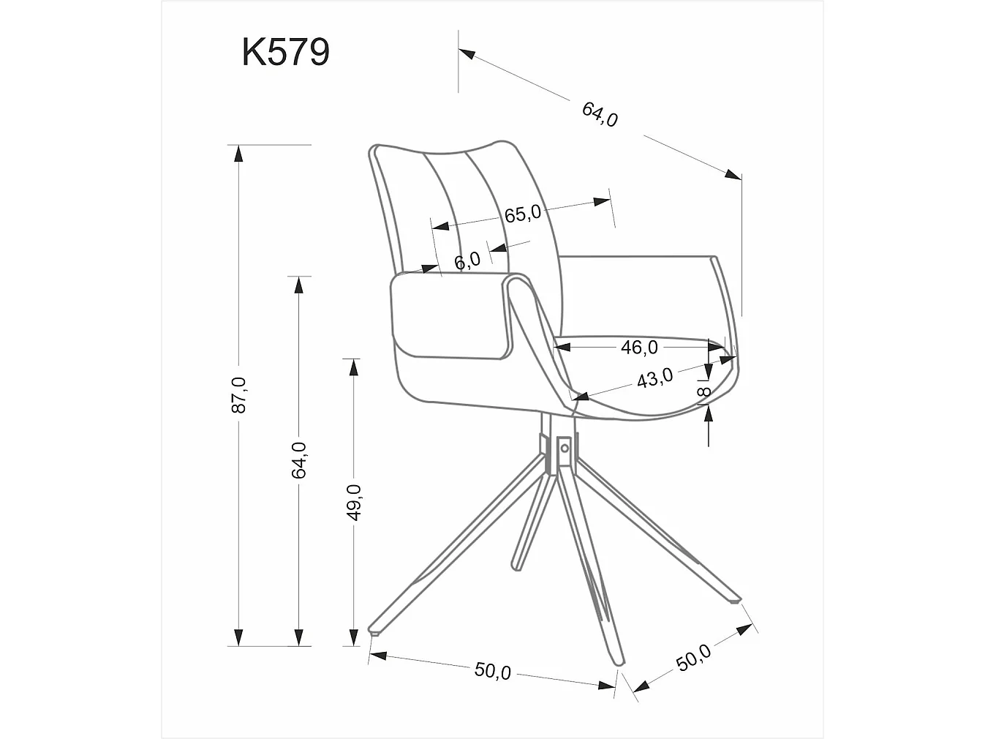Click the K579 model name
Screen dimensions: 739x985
pos(285,52)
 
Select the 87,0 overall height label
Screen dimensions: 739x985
pos(238,395)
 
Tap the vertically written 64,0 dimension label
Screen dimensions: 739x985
pos(298,460)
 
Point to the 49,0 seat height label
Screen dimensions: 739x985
pos(354,502)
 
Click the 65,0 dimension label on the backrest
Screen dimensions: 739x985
pos(522,214)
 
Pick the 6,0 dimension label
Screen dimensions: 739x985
pos(467,260)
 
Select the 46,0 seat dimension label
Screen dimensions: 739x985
pos(639,348)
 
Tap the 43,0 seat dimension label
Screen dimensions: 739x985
pos(654,378)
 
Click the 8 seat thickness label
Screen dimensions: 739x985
pos(704,393)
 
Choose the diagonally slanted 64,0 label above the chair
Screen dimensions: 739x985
pos(600,114)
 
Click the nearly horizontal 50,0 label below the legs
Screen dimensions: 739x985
pos(493,670)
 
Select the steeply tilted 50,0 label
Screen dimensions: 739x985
pos(692,658)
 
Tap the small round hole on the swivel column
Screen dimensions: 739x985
pos(565,448)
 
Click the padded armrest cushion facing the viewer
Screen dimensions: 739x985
pos(450,316)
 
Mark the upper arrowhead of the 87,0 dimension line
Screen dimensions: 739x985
pos(238,152)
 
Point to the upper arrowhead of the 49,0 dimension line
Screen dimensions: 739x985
pos(354,367)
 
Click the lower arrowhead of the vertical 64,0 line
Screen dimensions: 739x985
pos(298,637)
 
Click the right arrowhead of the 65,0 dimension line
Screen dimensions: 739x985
pos(603,201)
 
